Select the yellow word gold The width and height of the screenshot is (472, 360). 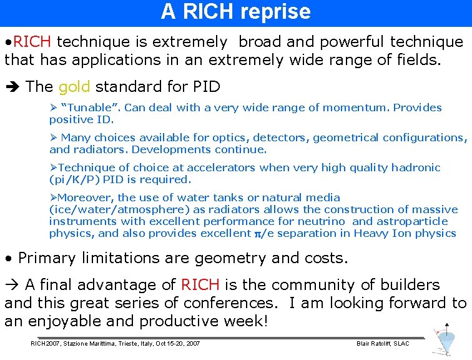[x=74, y=86]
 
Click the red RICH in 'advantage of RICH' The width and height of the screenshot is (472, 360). [x=200, y=285]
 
